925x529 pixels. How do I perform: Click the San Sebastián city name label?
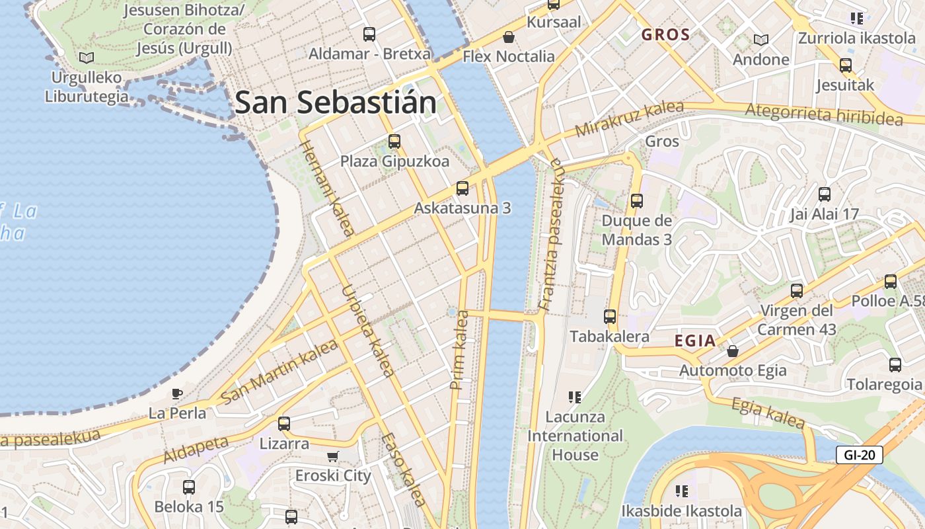(336, 103)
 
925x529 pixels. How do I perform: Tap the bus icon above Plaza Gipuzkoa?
(394, 141)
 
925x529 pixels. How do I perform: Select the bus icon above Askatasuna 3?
(462, 188)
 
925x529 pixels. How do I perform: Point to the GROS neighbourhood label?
(665, 35)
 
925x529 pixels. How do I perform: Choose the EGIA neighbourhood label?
(695, 341)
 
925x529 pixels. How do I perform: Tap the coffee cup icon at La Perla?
(177, 394)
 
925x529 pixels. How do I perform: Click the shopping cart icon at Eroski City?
(333, 456)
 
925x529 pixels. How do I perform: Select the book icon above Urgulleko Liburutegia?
(87, 58)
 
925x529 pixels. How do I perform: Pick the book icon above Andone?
(761, 40)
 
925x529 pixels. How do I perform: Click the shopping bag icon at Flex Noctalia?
(509, 37)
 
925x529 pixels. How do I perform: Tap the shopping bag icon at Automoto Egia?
(733, 350)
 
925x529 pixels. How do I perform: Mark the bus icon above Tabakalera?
(610, 317)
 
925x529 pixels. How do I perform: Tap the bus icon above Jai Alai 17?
(825, 194)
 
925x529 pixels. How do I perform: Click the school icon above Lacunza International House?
(575, 397)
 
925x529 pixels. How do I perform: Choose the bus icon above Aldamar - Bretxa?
(369, 34)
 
